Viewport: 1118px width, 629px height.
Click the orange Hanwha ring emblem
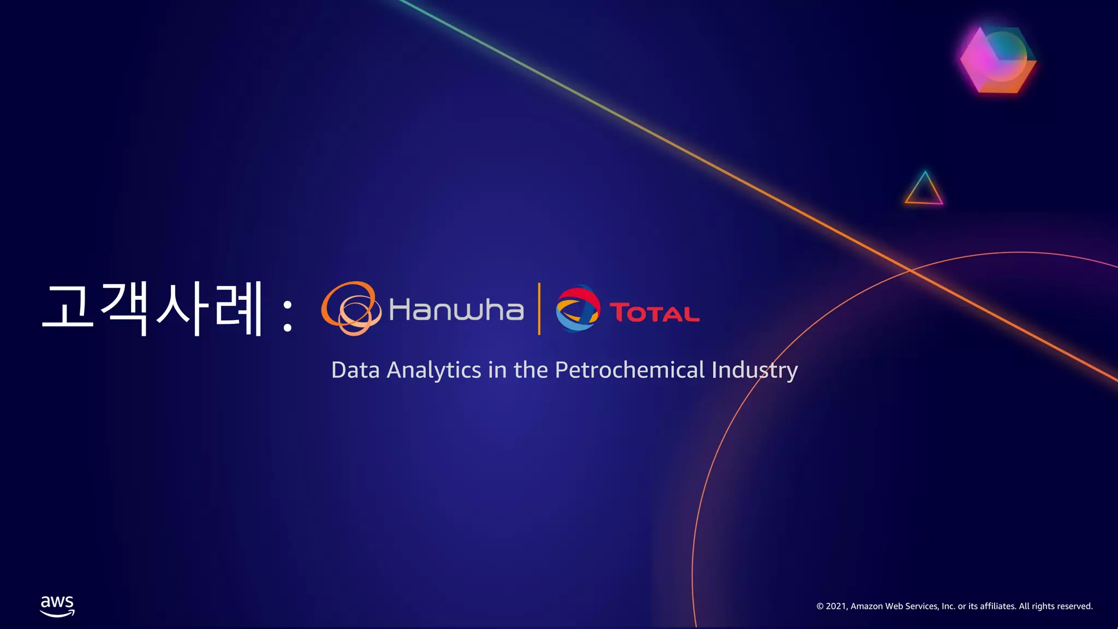[x=351, y=308]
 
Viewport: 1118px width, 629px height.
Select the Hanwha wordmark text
[x=456, y=310]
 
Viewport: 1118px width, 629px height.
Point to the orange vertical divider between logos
[x=539, y=308]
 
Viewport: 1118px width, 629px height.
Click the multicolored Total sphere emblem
[x=578, y=308]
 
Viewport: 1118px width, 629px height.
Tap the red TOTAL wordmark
[x=654, y=313]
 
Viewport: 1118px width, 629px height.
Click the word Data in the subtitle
[x=355, y=370]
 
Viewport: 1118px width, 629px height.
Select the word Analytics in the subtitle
[x=434, y=370]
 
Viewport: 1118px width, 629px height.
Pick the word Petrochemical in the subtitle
[x=630, y=370]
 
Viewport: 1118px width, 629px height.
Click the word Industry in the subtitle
[x=754, y=370]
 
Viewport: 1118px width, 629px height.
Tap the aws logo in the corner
[x=57, y=606]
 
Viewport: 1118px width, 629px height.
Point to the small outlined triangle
[x=924, y=189]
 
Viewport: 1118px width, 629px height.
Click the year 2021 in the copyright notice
[x=836, y=606]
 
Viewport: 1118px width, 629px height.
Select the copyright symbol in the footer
[x=820, y=606]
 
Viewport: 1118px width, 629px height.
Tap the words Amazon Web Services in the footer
[x=895, y=606]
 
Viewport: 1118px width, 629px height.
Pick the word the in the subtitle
[x=531, y=370]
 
